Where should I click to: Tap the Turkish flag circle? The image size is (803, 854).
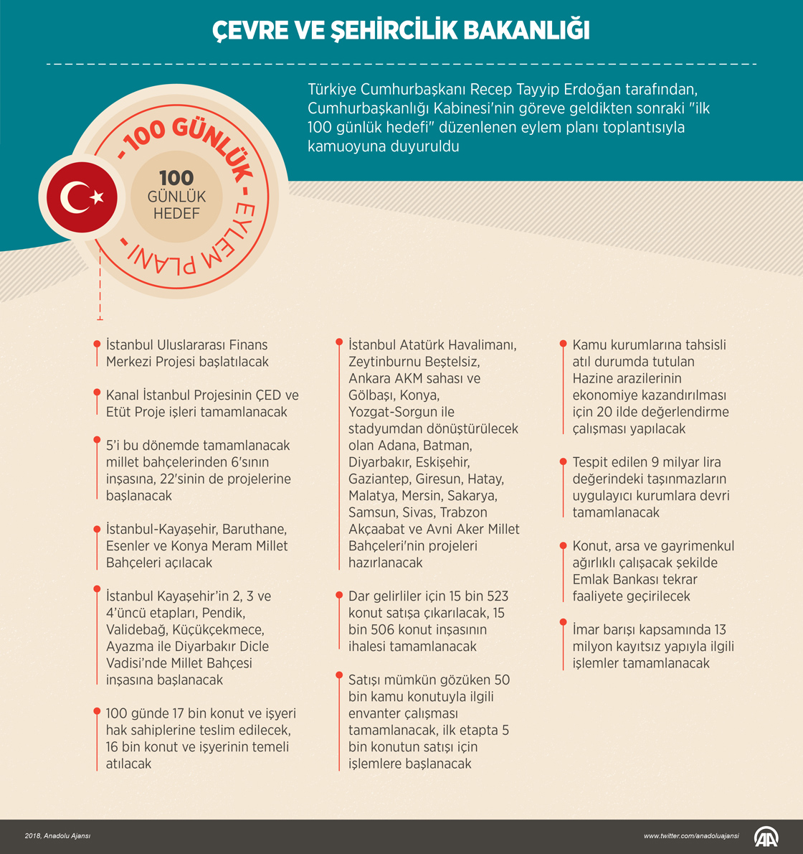pyautogui.click(x=82, y=197)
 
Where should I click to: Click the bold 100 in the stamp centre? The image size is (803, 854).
pyautogui.click(x=176, y=178)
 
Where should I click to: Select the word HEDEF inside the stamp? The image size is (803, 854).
pyautogui.click(x=176, y=213)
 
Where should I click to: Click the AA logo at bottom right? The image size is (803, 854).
pyautogui.click(x=766, y=836)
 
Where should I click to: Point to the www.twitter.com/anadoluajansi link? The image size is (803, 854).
pyautogui.click(x=690, y=836)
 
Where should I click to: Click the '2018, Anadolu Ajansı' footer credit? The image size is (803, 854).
pyautogui.click(x=57, y=836)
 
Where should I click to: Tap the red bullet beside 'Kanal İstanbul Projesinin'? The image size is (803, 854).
pyautogui.click(x=97, y=393)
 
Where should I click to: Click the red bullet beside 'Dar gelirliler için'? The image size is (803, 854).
pyautogui.click(x=338, y=595)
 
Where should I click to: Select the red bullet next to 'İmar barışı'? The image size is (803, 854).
pyautogui.click(x=563, y=629)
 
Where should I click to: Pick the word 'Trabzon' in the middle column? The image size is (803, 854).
pyautogui.click(x=463, y=512)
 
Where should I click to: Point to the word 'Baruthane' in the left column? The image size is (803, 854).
pyautogui.click(x=255, y=529)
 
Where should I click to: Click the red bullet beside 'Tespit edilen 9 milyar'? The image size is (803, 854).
pyautogui.click(x=563, y=461)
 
